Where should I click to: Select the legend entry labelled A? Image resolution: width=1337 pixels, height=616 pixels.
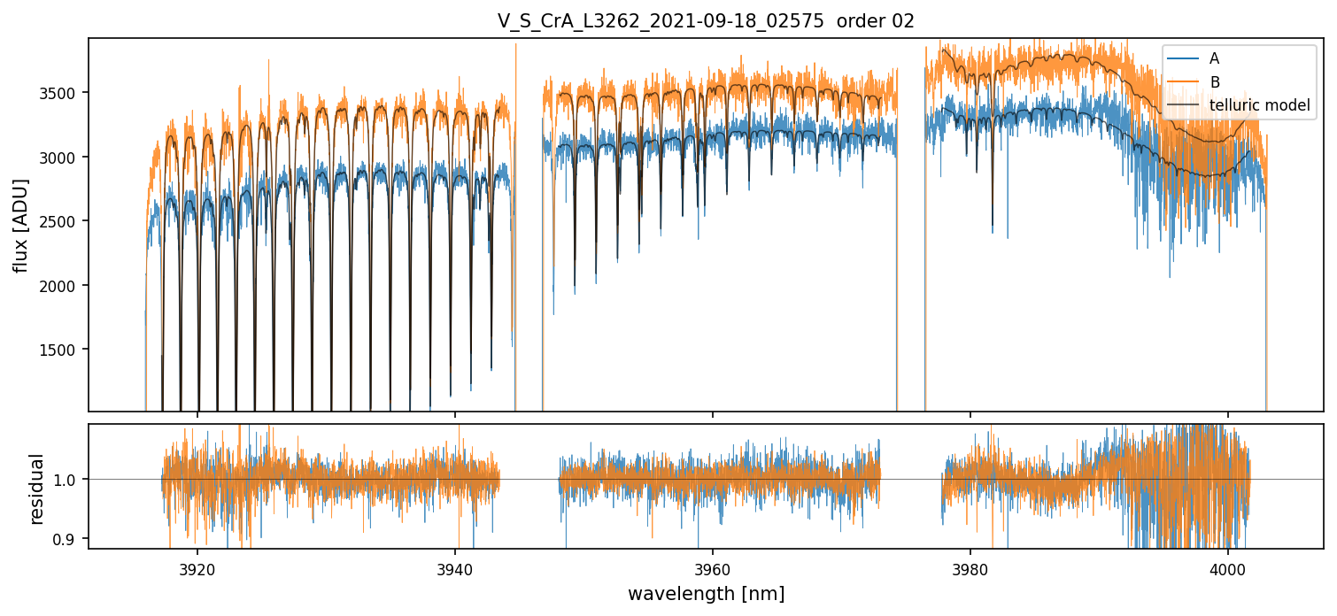[x=1214, y=58]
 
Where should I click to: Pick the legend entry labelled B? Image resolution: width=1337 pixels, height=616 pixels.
[x=1214, y=82]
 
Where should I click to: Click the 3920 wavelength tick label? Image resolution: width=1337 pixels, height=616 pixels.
[x=197, y=566]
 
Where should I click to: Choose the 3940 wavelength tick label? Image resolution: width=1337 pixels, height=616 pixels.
[x=455, y=566]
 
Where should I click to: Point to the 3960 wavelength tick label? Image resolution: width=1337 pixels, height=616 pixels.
[x=713, y=566]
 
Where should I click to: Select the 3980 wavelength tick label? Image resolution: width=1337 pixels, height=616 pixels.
[x=970, y=566]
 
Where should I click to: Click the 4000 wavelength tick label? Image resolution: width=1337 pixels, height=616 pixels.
[x=1228, y=566]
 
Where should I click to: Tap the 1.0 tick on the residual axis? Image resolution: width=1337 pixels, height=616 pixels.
[x=70, y=480]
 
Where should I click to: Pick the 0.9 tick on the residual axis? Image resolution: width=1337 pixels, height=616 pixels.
[x=70, y=539]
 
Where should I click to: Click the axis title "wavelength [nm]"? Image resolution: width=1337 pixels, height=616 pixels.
[x=706, y=593]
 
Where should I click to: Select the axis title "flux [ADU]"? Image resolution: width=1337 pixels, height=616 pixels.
[x=21, y=225]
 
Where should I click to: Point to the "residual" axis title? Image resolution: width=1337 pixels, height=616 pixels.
[x=37, y=489]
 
